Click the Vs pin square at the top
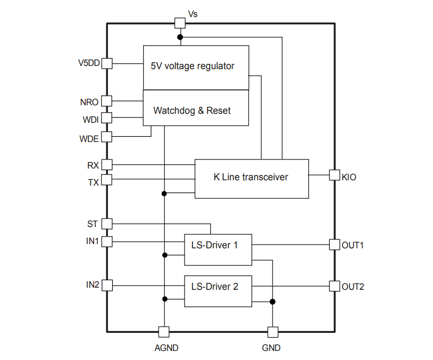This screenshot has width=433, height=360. point(180,23)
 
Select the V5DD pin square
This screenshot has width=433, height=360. point(107,63)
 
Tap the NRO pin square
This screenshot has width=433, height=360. point(107,101)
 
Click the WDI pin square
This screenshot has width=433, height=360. point(107,118)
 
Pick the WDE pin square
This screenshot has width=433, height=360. point(107,137)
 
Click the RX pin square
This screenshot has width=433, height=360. point(107,165)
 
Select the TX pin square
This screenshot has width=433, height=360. point(107,180)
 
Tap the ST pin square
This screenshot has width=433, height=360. point(107,223)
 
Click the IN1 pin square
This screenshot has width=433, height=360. point(107,241)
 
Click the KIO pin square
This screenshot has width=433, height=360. point(335,175)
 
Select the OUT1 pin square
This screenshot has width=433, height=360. point(335,245)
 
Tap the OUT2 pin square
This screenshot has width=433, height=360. point(335,286)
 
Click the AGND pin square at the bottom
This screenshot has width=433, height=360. point(164,332)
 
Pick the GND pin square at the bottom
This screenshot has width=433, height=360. point(273,332)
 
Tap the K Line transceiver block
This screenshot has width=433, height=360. point(252,179)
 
